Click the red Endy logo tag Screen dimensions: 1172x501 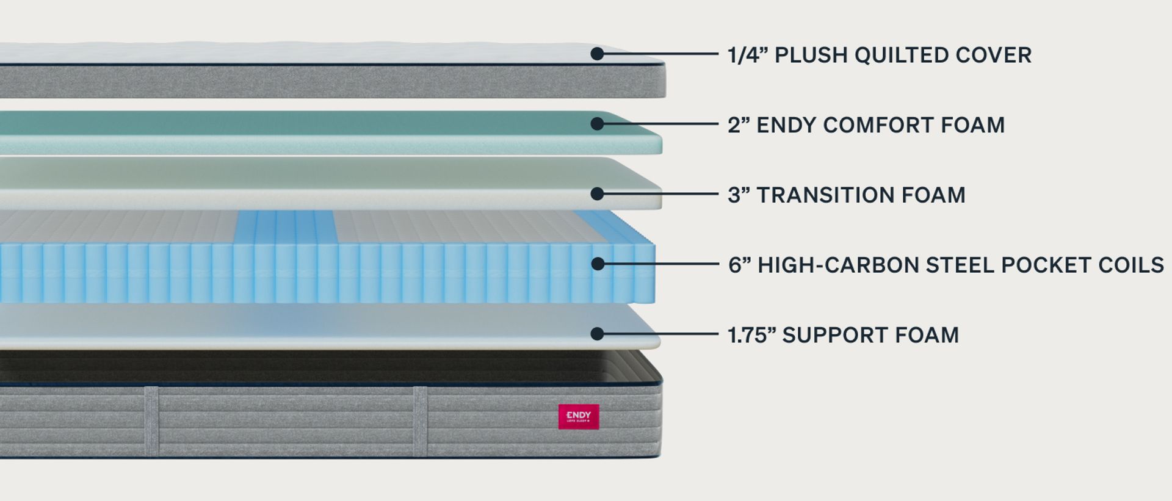pyautogui.click(x=579, y=416)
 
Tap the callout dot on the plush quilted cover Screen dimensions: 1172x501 pyautogui.click(x=597, y=54)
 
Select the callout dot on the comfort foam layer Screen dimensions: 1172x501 pyautogui.click(x=597, y=124)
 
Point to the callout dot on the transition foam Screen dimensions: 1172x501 pyautogui.click(x=597, y=194)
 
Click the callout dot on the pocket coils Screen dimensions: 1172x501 pyautogui.click(x=598, y=264)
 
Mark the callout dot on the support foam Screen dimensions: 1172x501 pyautogui.click(x=597, y=334)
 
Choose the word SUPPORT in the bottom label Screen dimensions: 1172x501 pyautogui.click(x=834, y=335)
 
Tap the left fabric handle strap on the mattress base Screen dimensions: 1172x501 pyautogui.click(x=151, y=421)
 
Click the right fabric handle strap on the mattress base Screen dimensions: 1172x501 pyautogui.click(x=420, y=421)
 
